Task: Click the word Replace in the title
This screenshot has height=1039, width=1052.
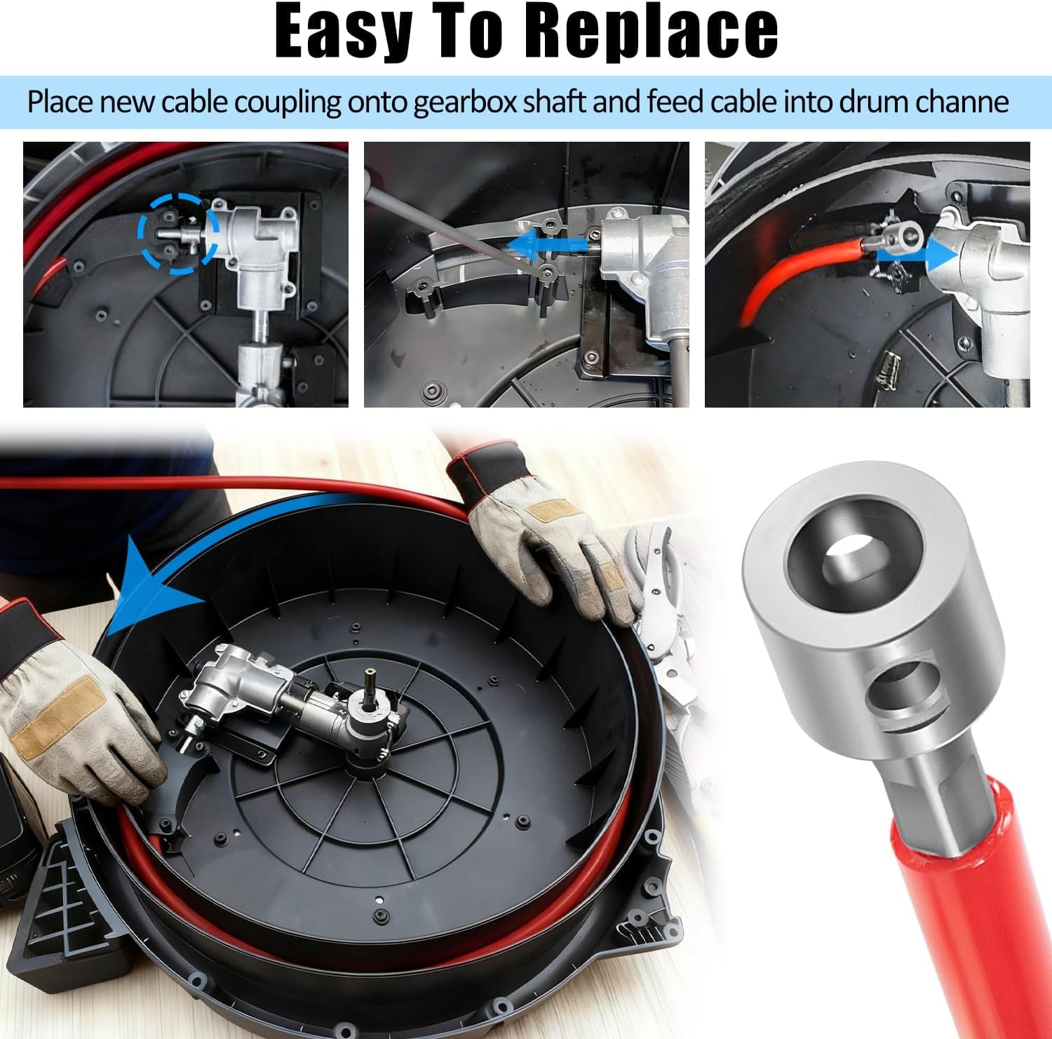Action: pyautogui.click(x=652, y=32)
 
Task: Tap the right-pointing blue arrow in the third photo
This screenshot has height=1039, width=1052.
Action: pyautogui.click(x=917, y=256)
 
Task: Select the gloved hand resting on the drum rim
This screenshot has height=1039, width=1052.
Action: pyautogui.click(x=547, y=533)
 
